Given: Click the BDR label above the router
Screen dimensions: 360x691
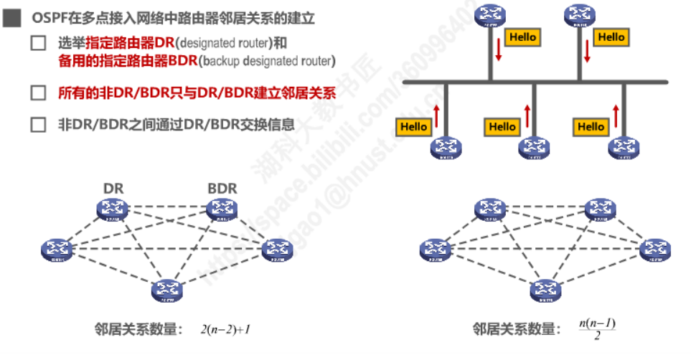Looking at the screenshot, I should click(222, 189).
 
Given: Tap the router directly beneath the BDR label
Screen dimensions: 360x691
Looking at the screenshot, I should click(222, 209).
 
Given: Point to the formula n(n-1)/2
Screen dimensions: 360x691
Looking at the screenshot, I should click(597, 329).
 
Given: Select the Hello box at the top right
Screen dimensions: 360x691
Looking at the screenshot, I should click(611, 37).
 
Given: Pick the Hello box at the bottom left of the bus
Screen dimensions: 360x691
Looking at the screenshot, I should click(414, 127).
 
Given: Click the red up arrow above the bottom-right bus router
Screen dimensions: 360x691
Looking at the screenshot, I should click(616, 115).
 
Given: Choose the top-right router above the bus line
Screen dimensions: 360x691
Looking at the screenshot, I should click(581, 14).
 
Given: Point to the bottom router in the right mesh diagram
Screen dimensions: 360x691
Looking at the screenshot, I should click(544, 290).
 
